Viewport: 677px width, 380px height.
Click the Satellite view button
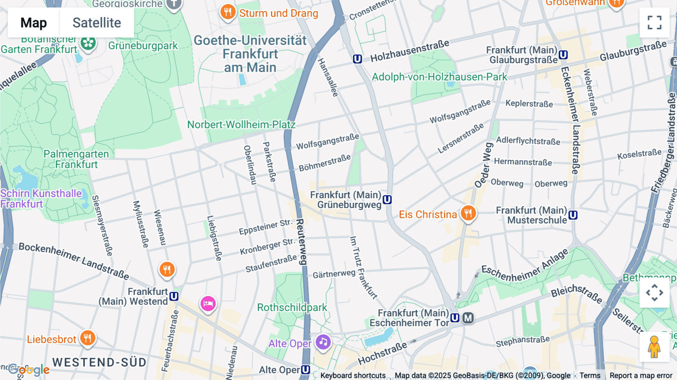point(97,23)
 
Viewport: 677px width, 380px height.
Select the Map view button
point(33,23)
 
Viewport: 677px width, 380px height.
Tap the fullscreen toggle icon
point(654,23)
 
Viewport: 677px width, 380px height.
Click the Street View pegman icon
point(654,347)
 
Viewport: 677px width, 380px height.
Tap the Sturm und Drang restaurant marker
point(228,12)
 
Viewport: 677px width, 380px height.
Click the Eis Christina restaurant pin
point(468,213)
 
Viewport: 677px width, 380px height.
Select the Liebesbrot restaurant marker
point(87,337)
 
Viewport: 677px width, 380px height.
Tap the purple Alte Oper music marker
point(323,342)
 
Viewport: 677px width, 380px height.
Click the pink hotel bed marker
point(208,303)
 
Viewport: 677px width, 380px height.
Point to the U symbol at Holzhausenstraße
point(357,59)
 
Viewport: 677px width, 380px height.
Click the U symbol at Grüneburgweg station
point(387,200)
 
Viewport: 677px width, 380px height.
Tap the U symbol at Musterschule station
point(573,215)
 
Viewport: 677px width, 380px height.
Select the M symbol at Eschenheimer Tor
point(468,318)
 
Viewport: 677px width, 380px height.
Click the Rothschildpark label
point(292,307)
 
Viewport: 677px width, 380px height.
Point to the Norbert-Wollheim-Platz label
point(241,125)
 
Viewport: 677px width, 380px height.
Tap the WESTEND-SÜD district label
point(99,362)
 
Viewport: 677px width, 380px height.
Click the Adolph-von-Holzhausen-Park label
point(439,77)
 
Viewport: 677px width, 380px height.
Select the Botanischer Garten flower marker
point(88,43)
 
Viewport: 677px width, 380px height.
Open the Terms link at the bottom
point(590,375)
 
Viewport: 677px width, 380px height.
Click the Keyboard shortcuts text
point(353,375)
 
